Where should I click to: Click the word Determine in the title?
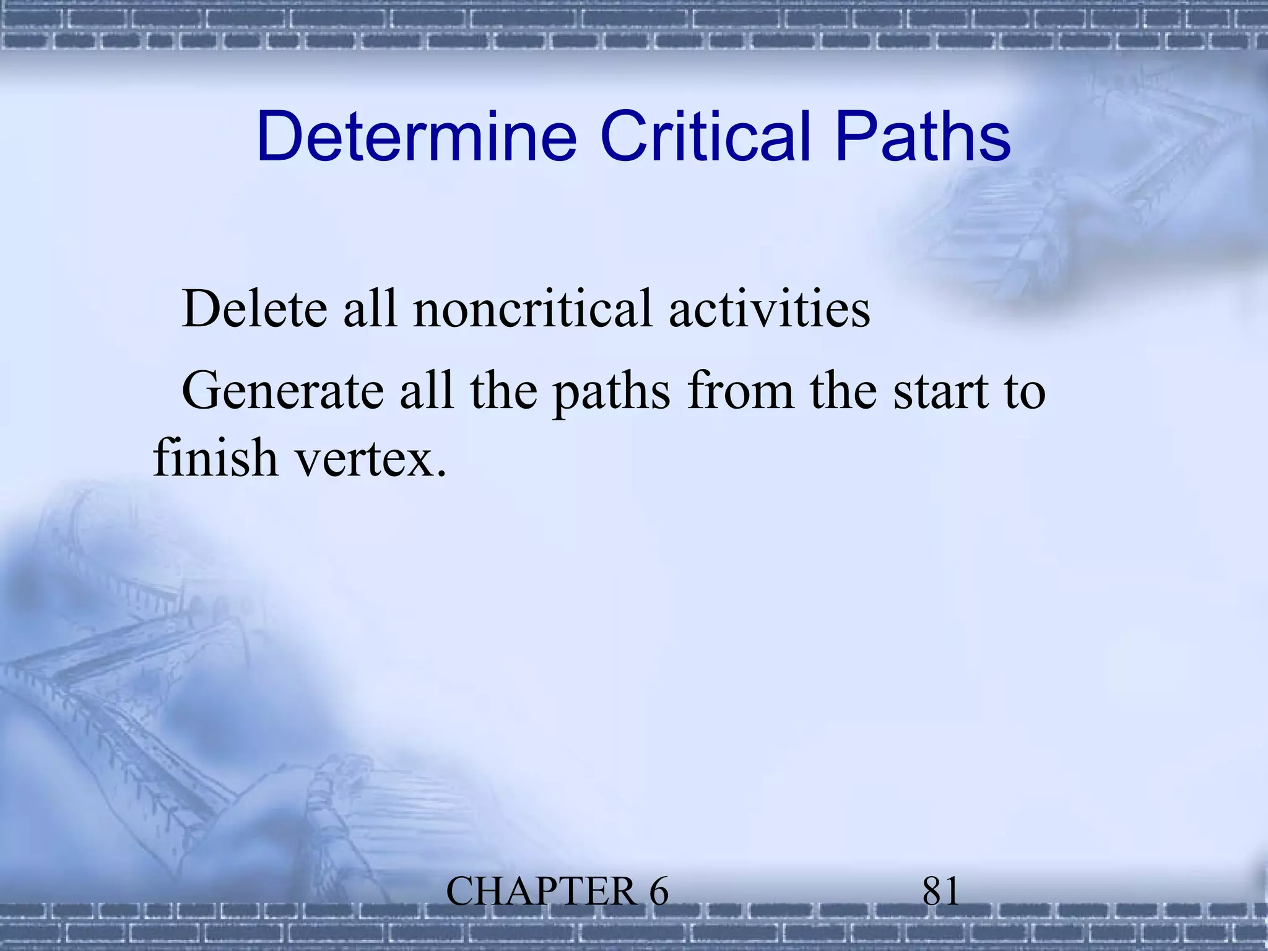(x=416, y=136)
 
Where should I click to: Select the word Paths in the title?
(x=922, y=136)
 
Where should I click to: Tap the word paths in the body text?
(x=611, y=394)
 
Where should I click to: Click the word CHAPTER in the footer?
(x=541, y=892)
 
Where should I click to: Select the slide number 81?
(x=940, y=892)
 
